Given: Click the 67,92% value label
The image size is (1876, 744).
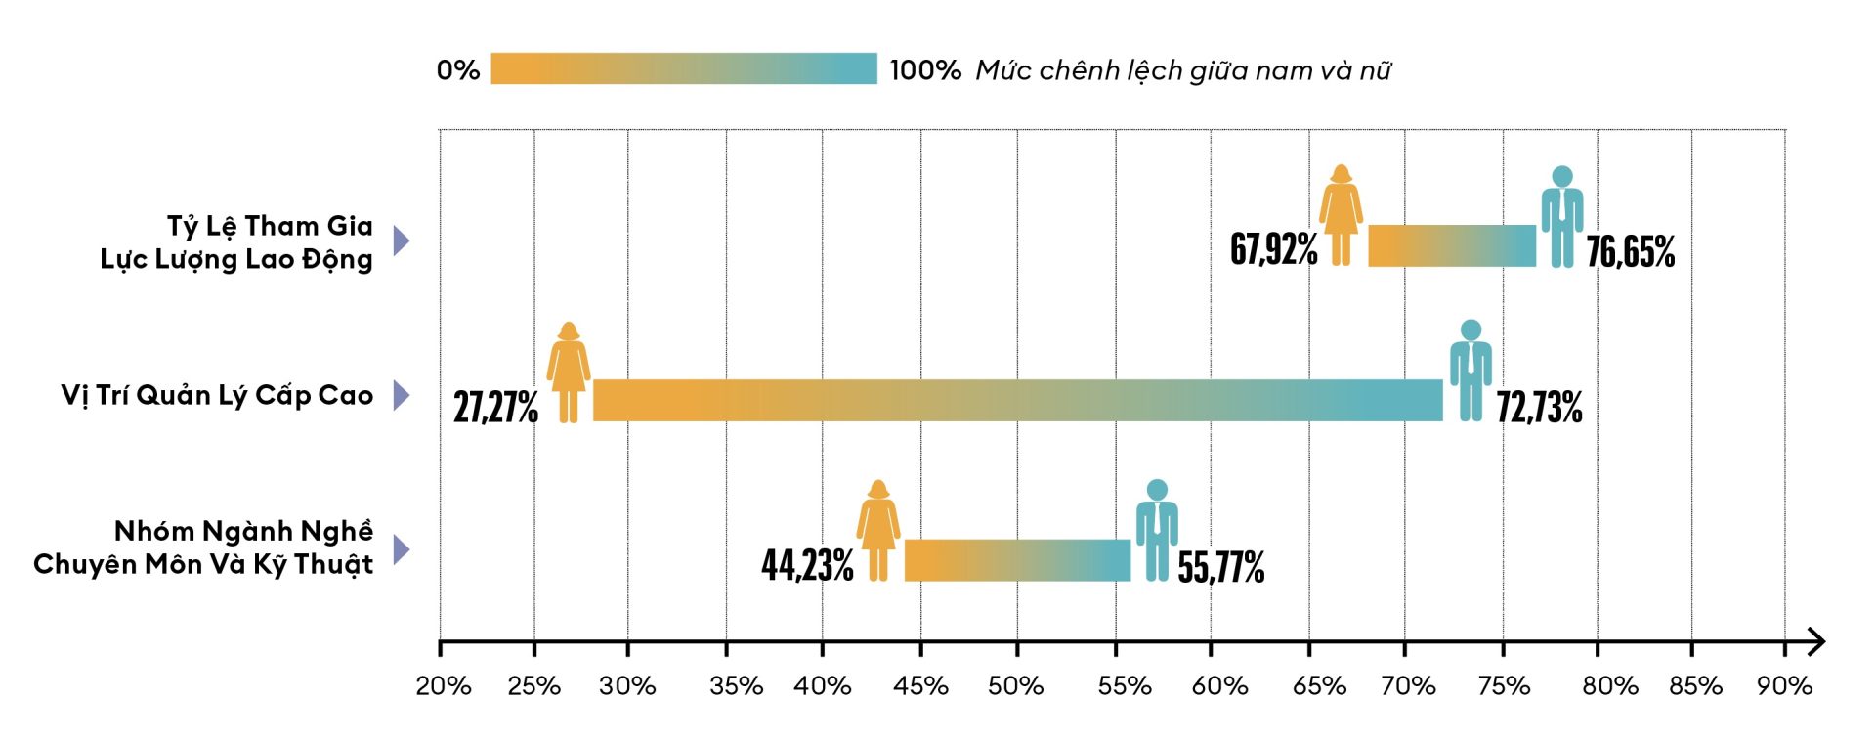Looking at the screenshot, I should coord(1273,249).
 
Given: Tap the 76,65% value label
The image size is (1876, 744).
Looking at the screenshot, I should coord(1630,252).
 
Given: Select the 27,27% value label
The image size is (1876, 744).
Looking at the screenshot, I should coord(495,407).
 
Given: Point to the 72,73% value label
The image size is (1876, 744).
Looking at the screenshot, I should coord(1539,407).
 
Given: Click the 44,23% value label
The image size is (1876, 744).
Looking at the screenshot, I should coord(807,565).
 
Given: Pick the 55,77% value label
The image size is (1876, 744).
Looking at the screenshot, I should coord(1220,567).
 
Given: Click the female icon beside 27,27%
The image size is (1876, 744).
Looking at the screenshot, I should coord(569,372).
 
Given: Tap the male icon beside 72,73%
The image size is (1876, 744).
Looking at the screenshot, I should coord(1471,371).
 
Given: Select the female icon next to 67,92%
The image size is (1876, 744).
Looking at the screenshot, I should coord(1341,215).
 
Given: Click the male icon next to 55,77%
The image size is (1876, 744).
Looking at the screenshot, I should coord(1157,530).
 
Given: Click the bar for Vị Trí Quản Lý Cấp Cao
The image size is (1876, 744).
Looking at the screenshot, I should coord(1017,400).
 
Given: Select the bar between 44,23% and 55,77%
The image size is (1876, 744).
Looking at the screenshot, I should coord(1017,560).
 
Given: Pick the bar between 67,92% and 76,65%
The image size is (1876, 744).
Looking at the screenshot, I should coord(1451,245).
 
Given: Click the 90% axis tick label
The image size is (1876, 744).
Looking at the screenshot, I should coord(1784,686).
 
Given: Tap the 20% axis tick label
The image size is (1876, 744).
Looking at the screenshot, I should coord(444,686).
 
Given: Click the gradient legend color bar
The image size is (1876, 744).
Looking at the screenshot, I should coord(684,68).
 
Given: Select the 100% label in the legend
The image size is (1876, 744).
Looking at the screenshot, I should coord(925,70).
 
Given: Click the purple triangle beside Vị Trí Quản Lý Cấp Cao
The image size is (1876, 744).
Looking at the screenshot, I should coord(401,395).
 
